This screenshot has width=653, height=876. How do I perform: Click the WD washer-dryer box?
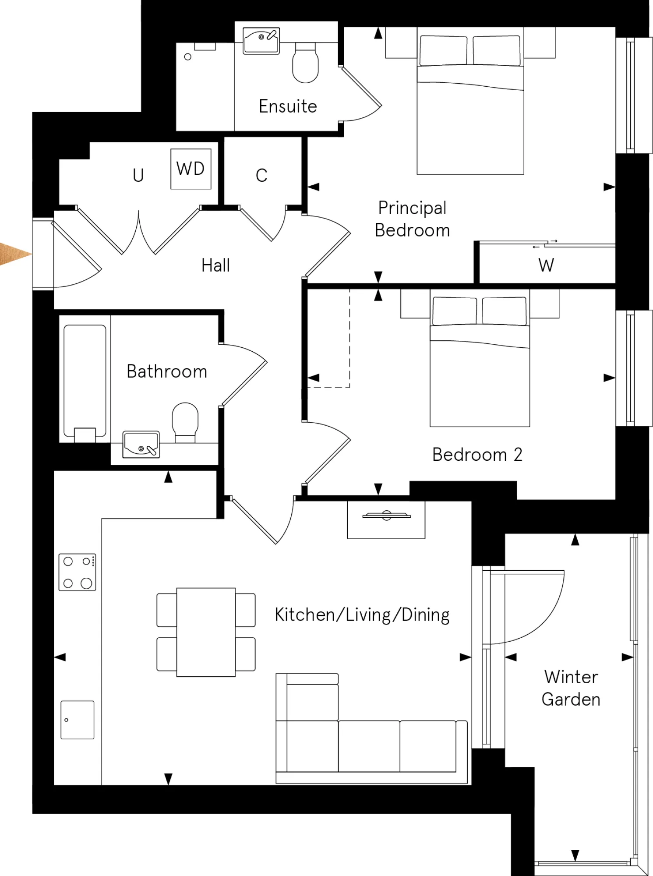[191, 169]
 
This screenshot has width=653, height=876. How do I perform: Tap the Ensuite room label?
[288, 106]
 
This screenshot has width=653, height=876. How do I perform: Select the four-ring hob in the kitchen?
[77, 572]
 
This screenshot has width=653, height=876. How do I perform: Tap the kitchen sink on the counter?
[77, 720]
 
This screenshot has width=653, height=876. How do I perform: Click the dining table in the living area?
[206, 632]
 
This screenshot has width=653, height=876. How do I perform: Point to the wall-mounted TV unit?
[386, 519]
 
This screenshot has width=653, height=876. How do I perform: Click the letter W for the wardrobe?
[546, 265]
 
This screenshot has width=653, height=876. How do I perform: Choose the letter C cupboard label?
[261, 176]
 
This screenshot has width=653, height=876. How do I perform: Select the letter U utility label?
[138, 176]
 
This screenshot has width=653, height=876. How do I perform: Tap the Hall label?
[215, 265]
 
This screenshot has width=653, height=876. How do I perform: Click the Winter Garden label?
[571, 688]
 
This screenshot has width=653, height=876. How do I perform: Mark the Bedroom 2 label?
[477, 455]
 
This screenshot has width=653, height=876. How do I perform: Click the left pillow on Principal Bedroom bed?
[443, 50]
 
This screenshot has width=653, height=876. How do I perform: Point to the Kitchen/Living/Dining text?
[362, 615]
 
